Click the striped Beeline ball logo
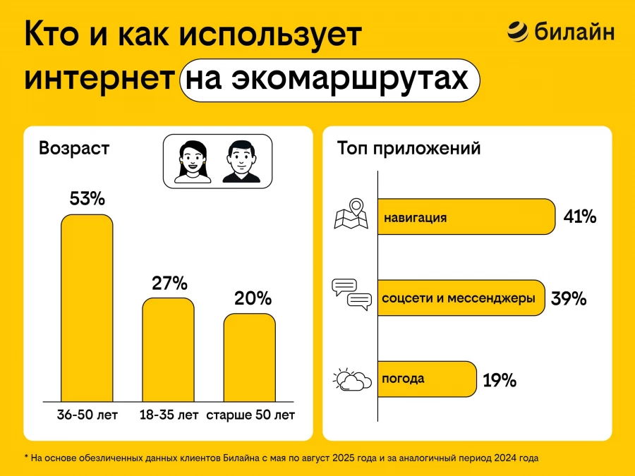[517, 32]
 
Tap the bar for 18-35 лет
[168, 349]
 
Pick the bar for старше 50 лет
[250, 357]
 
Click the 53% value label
[87, 199]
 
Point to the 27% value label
[169, 283]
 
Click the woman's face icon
[192, 161]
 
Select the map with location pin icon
[351, 215]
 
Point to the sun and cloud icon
[352, 379]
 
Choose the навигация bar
[466, 216]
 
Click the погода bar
[427, 379]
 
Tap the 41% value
[580, 217]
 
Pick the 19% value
[500, 381]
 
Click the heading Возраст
[74, 149]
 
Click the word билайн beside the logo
[574, 32]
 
